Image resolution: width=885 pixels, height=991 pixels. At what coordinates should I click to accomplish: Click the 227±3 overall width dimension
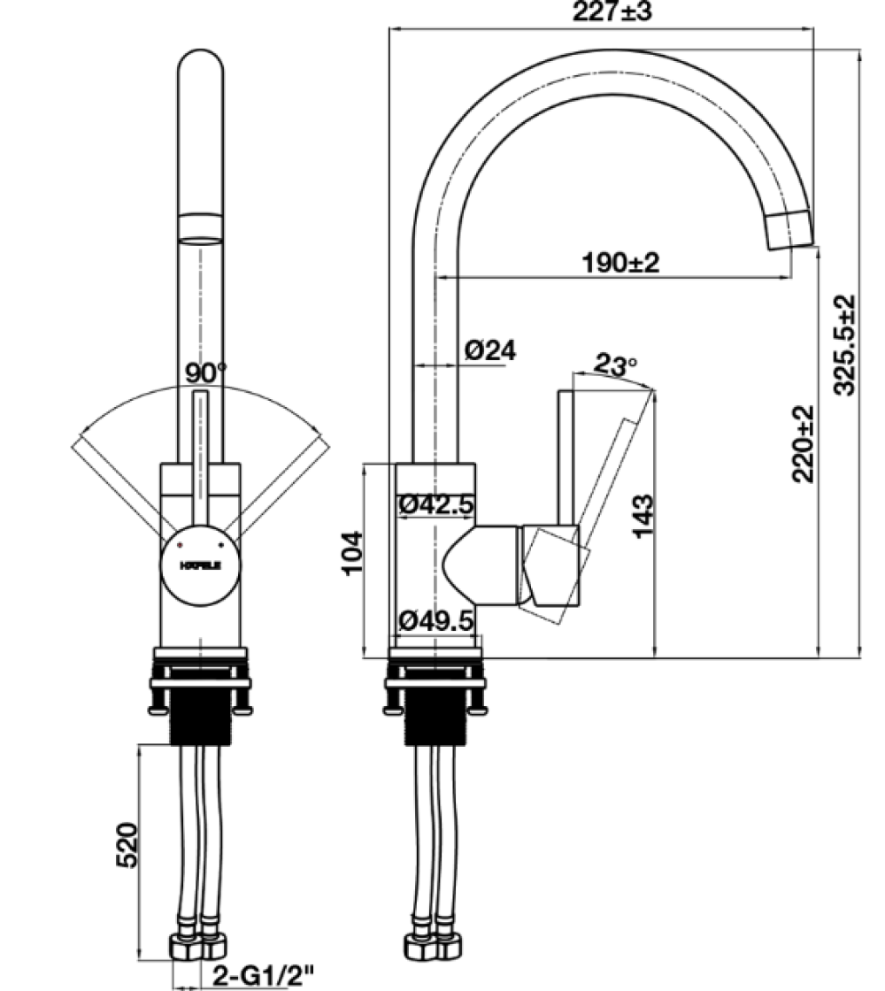click(612, 12)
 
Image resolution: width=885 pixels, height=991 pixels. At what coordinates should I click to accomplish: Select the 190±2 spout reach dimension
click(620, 263)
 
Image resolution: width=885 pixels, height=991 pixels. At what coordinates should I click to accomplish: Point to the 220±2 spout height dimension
click(803, 443)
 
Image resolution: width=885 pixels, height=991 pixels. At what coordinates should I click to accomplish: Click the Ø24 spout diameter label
click(489, 350)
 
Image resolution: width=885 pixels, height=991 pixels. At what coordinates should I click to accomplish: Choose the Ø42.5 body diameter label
click(436, 505)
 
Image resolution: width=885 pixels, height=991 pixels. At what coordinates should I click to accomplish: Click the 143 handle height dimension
click(643, 516)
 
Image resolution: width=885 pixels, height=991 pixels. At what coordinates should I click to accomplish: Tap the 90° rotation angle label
click(206, 373)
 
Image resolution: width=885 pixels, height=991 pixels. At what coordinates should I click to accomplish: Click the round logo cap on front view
click(200, 566)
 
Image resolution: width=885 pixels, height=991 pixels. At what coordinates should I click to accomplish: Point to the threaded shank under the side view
click(434, 720)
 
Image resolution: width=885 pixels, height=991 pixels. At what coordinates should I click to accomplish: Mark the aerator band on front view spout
click(201, 227)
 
